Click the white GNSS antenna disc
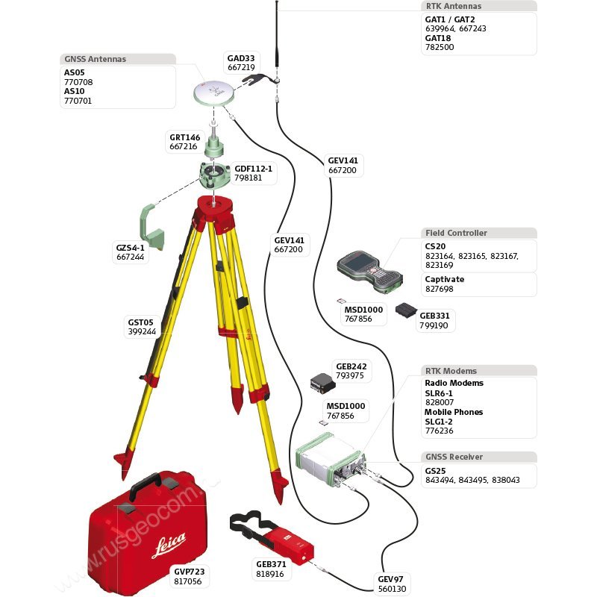click(213, 93)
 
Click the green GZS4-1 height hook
click(151, 228)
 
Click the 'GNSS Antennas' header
click(96, 59)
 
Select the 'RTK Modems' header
click(451, 371)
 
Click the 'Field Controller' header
click(455, 233)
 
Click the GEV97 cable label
click(390, 579)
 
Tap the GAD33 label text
click(241, 57)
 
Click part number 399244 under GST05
click(142, 331)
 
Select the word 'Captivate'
click(444, 279)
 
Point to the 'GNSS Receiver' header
click(454, 457)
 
